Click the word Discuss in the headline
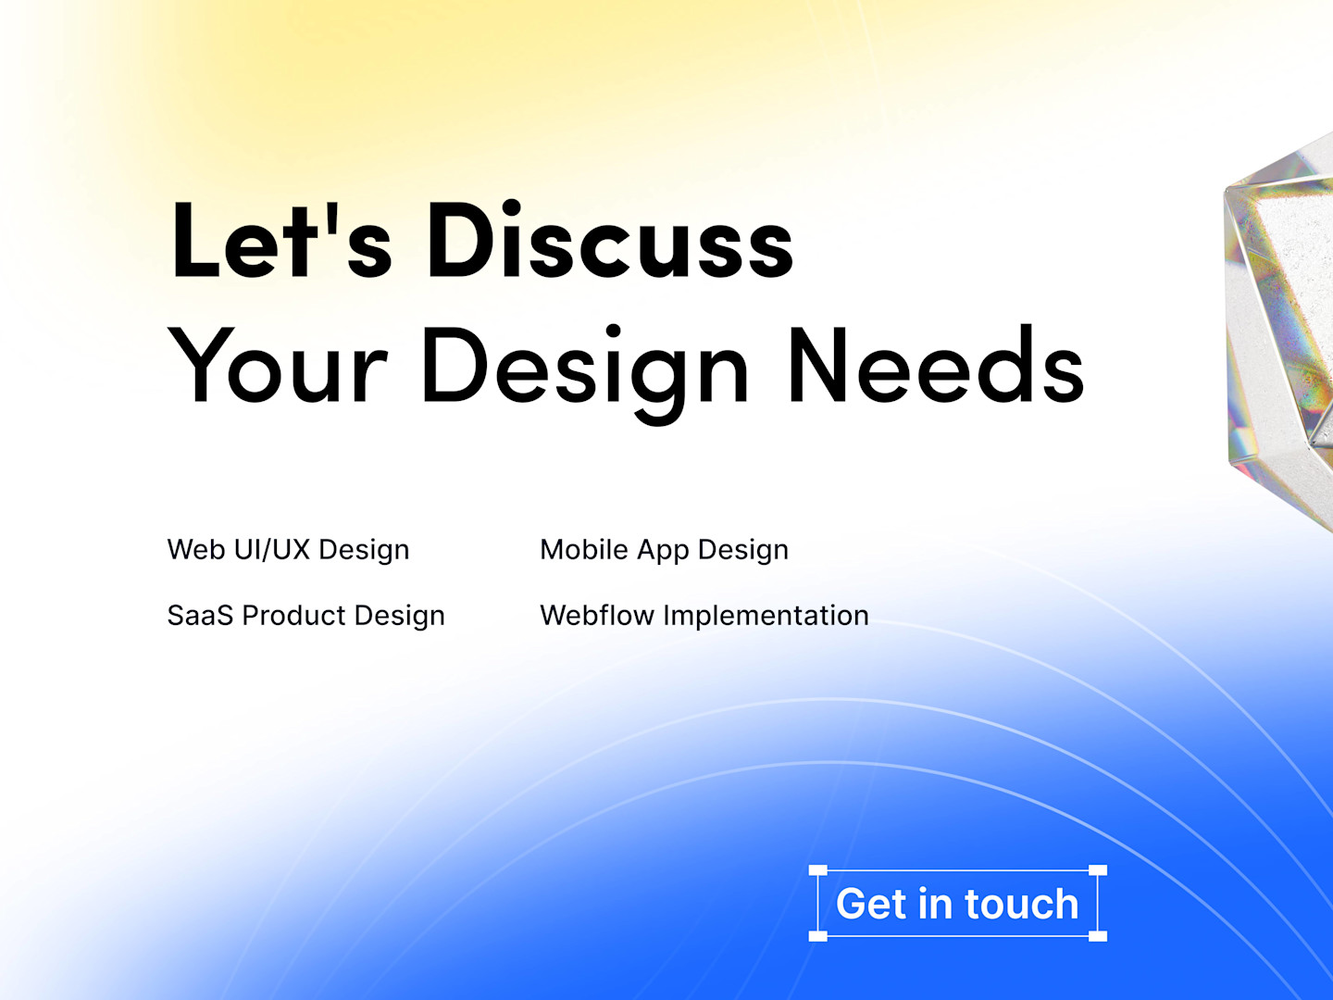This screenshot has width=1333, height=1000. point(610,240)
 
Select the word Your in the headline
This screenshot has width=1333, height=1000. point(278,364)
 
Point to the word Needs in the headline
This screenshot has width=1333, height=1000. point(936,364)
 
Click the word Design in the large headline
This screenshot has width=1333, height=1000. point(585,373)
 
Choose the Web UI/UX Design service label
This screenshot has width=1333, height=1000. point(289,549)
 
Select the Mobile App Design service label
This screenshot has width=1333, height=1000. point(665,549)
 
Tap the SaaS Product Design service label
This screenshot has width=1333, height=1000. point(306,615)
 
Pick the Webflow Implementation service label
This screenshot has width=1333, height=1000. point(704,615)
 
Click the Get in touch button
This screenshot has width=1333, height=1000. point(958,904)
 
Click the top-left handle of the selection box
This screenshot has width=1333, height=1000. point(818,870)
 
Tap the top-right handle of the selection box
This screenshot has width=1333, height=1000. point(1097,870)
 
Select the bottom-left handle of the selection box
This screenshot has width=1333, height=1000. point(818,936)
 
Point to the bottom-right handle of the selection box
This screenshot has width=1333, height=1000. point(1097,936)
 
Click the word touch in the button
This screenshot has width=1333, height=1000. point(1021,904)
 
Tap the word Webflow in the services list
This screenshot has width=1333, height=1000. point(597,615)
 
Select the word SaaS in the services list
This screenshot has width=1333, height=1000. point(200,615)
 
